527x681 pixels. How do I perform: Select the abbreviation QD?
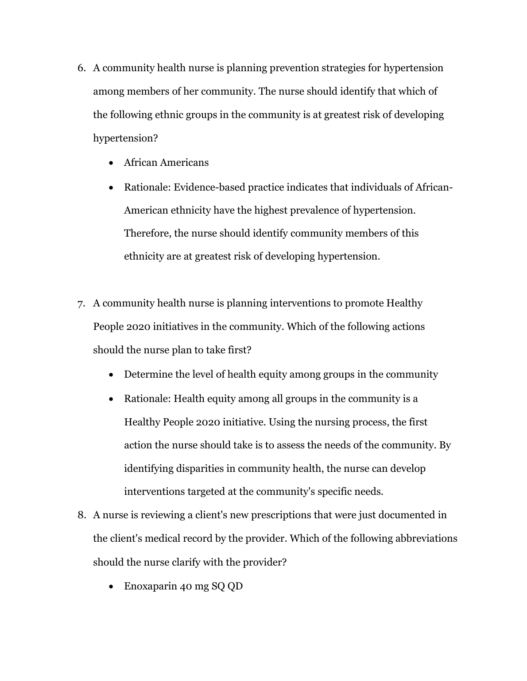(x=235, y=587)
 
